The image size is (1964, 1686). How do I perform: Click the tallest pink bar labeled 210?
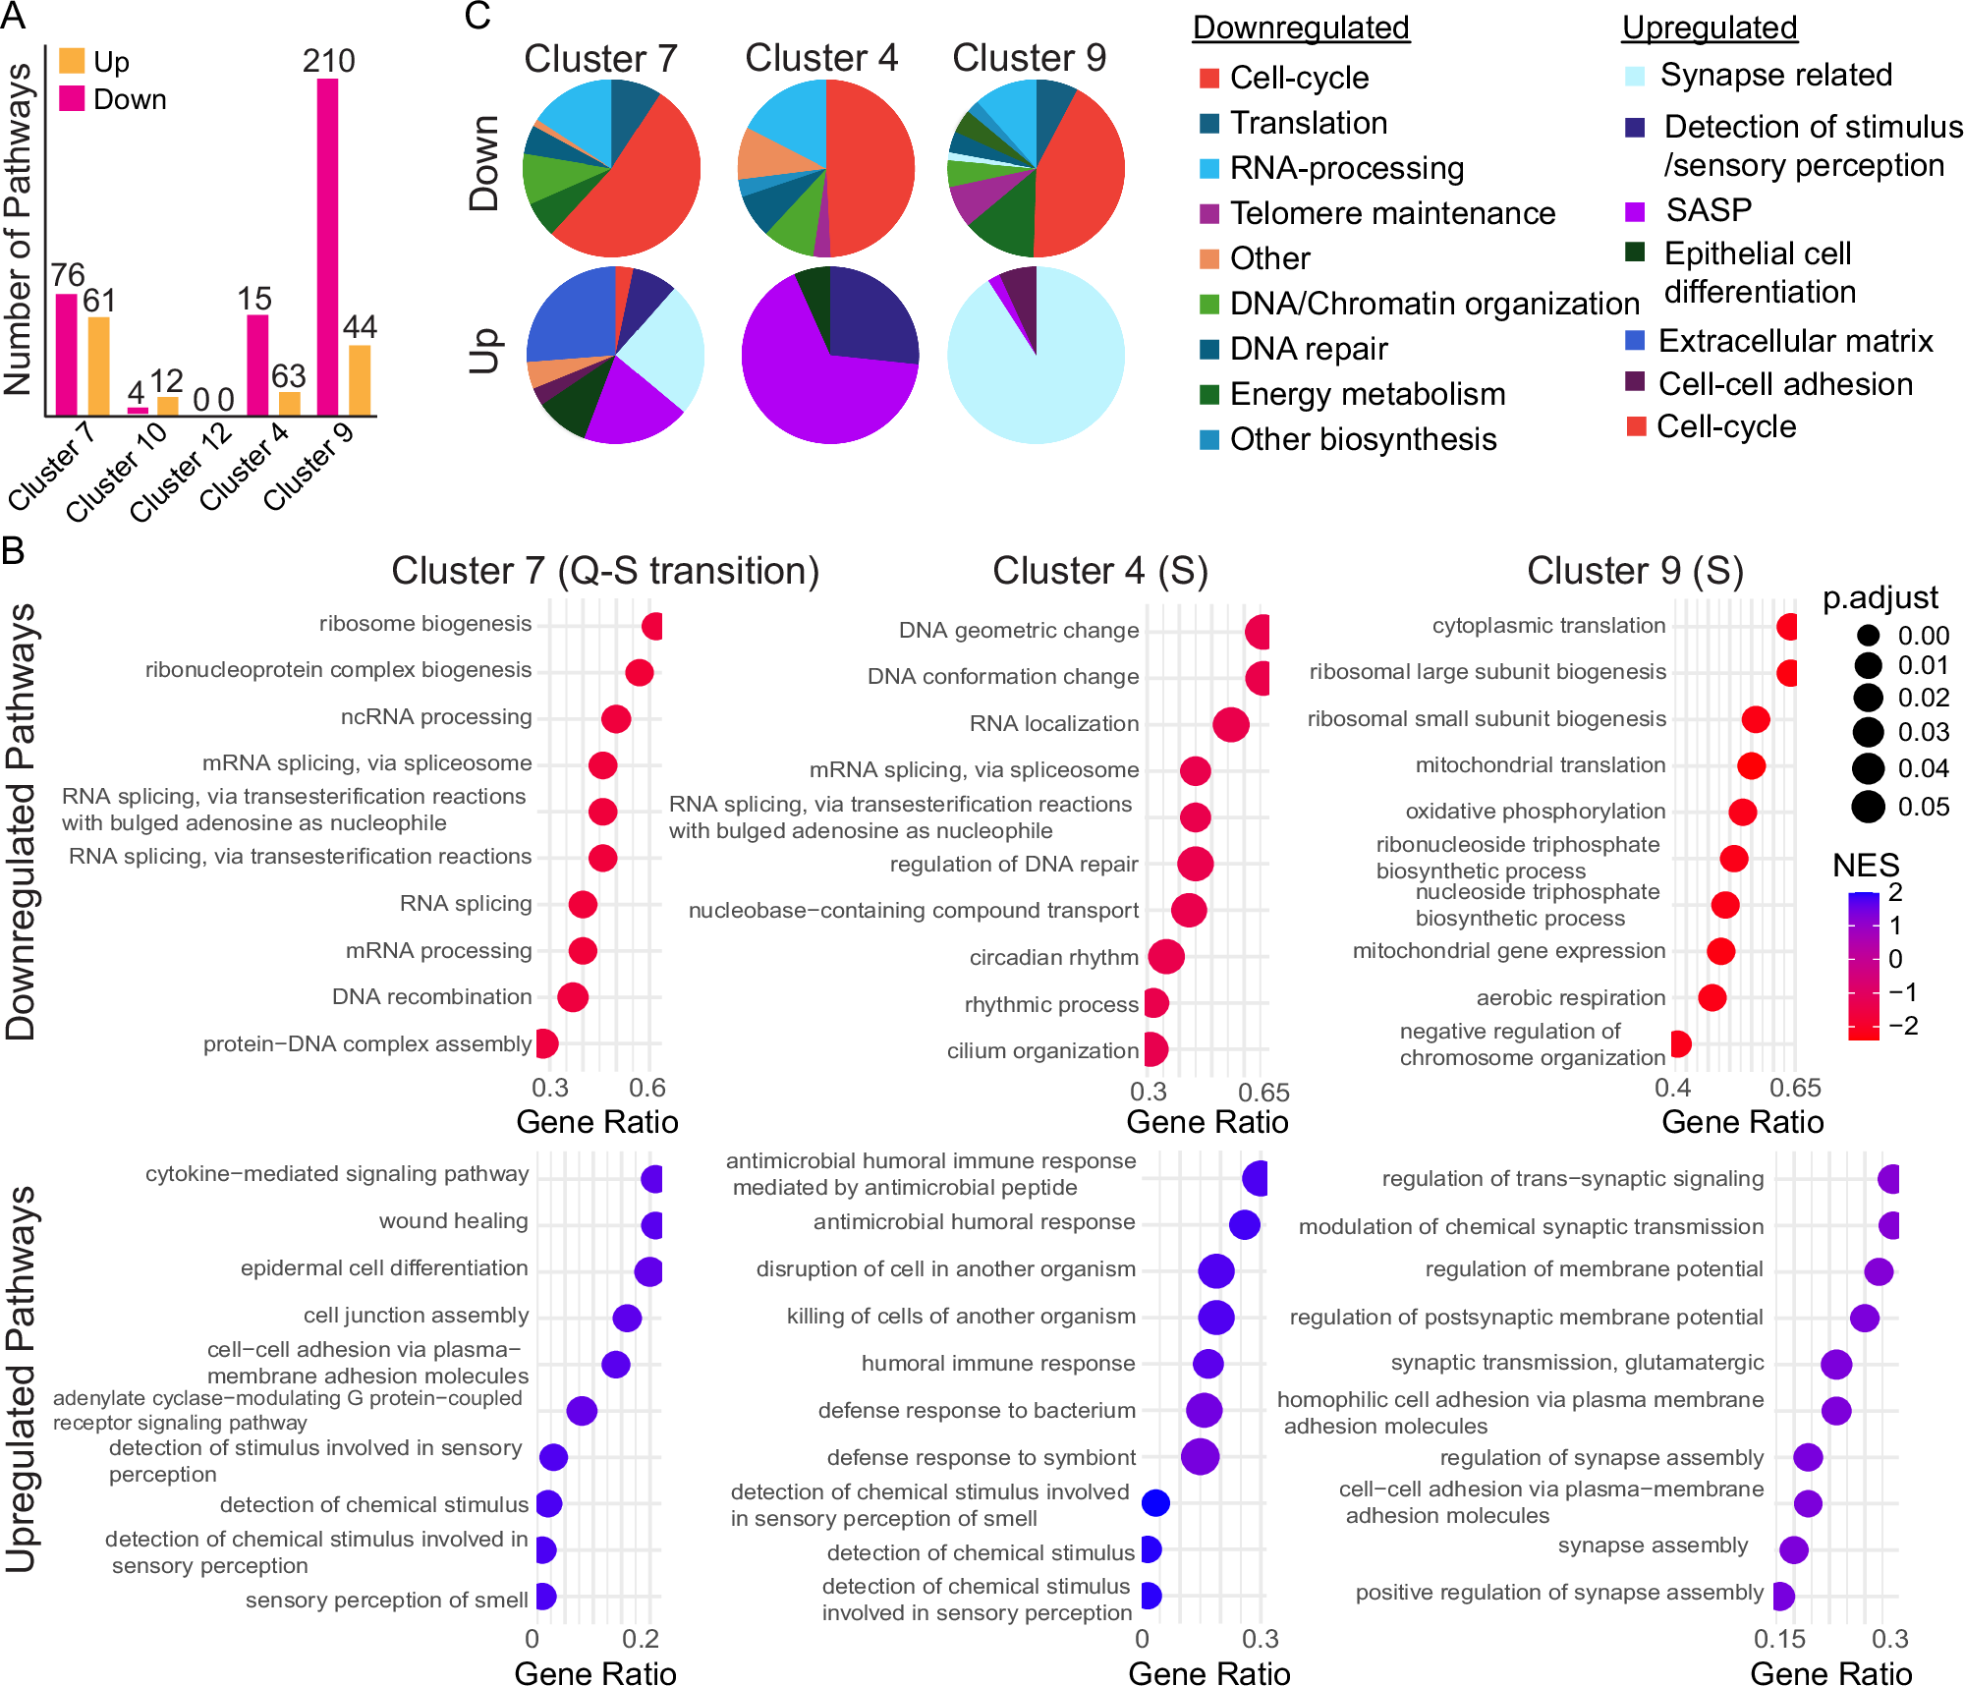coord(327,246)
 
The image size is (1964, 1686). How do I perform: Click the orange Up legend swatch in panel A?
coord(72,62)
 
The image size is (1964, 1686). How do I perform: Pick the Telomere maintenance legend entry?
coord(1392,213)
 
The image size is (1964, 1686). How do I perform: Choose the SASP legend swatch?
coord(1635,211)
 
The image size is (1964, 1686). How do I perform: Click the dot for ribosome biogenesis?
coord(652,626)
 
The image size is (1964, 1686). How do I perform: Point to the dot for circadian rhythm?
coord(1166,957)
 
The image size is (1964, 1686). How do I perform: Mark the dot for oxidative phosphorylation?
coord(1742,812)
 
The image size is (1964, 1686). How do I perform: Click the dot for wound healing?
coord(652,1225)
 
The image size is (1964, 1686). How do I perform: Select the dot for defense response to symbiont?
coord(1200,1456)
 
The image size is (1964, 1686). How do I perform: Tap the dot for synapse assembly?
coord(1794,1549)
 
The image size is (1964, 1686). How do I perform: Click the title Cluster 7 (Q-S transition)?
coord(605,571)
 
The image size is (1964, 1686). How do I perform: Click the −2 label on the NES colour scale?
coord(1903,1026)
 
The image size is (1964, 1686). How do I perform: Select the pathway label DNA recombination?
coord(431,997)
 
